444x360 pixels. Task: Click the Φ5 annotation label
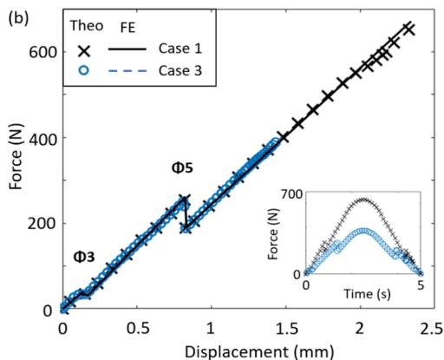[x=182, y=167]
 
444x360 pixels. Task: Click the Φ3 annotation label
[x=84, y=257]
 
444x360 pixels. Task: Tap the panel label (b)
[x=19, y=19]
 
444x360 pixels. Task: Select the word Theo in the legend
[x=87, y=26]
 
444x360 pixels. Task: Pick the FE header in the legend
[x=127, y=28]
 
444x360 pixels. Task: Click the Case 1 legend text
[x=180, y=49]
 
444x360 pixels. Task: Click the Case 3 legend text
[x=180, y=70]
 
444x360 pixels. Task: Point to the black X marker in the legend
[x=84, y=51]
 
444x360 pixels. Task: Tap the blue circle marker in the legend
[x=84, y=70]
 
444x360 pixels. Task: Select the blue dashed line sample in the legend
[x=127, y=71]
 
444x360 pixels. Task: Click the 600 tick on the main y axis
[x=42, y=53]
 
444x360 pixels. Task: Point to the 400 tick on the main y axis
[x=42, y=139]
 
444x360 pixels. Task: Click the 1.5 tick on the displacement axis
[x=285, y=329]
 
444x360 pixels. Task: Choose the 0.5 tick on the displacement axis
[x=137, y=329]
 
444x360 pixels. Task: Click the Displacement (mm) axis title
[x=258, y=352]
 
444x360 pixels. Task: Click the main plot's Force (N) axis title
[x=16, y=156]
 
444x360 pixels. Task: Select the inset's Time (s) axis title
[x=367, y=294]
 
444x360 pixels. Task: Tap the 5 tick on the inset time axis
[x=421, y=285]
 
